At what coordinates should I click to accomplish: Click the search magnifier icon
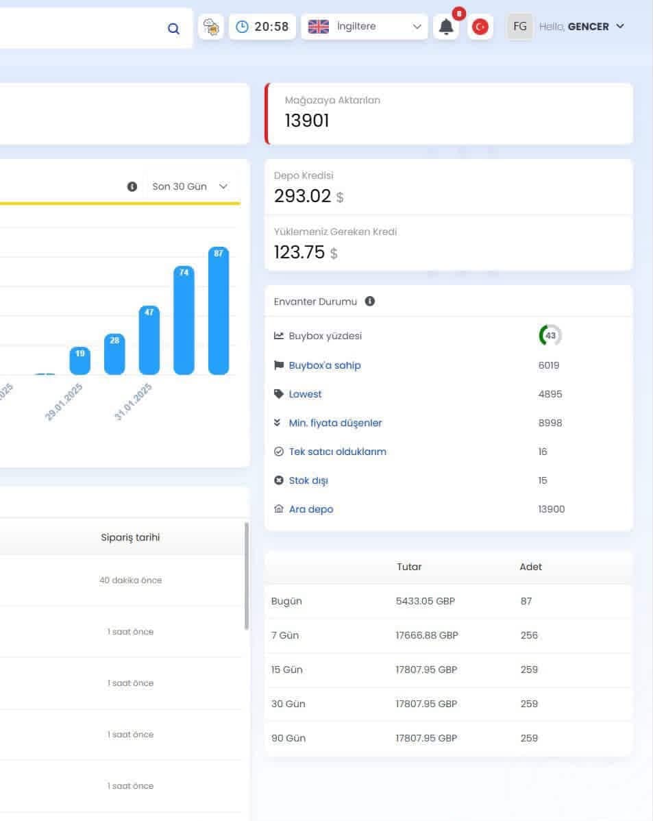pyautogui.click(x=173, y=28)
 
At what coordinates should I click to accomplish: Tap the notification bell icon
pyautogui.click(x=446, y=27)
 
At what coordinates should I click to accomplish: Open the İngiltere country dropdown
pyautogui.click(x=365, y=26)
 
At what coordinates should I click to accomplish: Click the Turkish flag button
pyautogui.click(x=480, y=27)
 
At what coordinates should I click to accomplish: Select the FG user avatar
pyautogui.click(x=520, y=26)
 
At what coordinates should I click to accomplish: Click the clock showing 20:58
pyautogui.click(x=262, y=26)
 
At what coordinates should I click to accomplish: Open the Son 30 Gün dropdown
pyautogui.click(x=190, y=186)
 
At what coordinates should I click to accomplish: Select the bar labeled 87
pyautogui.click(x=219, y=310)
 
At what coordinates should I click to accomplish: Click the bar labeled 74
pyautogui.click(x=184, y=321)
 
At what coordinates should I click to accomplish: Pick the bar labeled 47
pyautogui.click(x=149, y=341)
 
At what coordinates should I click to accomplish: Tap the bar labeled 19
pyautogui.click(x=79, y=360)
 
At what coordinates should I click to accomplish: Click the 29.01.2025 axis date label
pyautogui.click(x=64, y=402)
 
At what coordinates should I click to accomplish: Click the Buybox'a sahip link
pyautogui.click(x=325, y=365)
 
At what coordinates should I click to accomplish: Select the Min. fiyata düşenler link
pyautogui.click(x=335, y=423)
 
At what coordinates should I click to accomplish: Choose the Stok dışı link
pyautogui.click(x=308, y=480)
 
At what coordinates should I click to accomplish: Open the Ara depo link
pyautogui.click(x=311, y=509)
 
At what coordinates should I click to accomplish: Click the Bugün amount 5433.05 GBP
pyautogui.click(x=426, y=601)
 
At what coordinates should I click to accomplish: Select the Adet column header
pyautogui.click(x=530, y=567)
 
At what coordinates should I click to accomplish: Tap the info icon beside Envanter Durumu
pyautogui.click(x=370, y=301)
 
